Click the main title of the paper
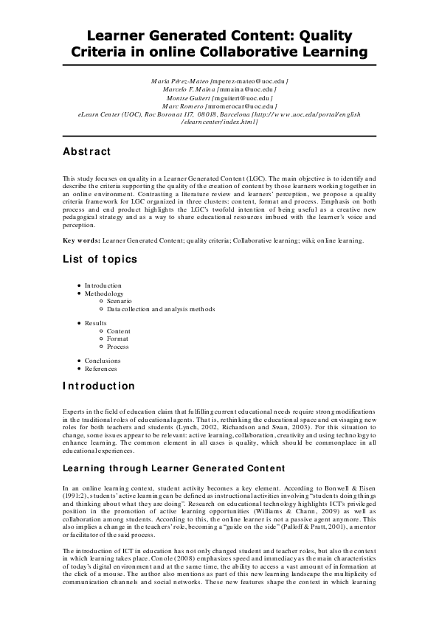pos(219,44)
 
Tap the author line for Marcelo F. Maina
pos(219,88)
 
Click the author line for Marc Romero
pos(219,105)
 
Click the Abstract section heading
pos(87,152)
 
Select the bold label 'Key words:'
pos(81,240)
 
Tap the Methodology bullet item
pos(104,294)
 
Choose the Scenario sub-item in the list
pos(119,302)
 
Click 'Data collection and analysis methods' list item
pos(161,309)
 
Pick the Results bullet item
pos(96,323)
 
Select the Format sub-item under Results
pos(118,339)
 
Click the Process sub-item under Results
pos(118,347)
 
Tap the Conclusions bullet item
pos(103,361)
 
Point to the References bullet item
pos(101,369)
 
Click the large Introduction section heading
pos(99,386)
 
